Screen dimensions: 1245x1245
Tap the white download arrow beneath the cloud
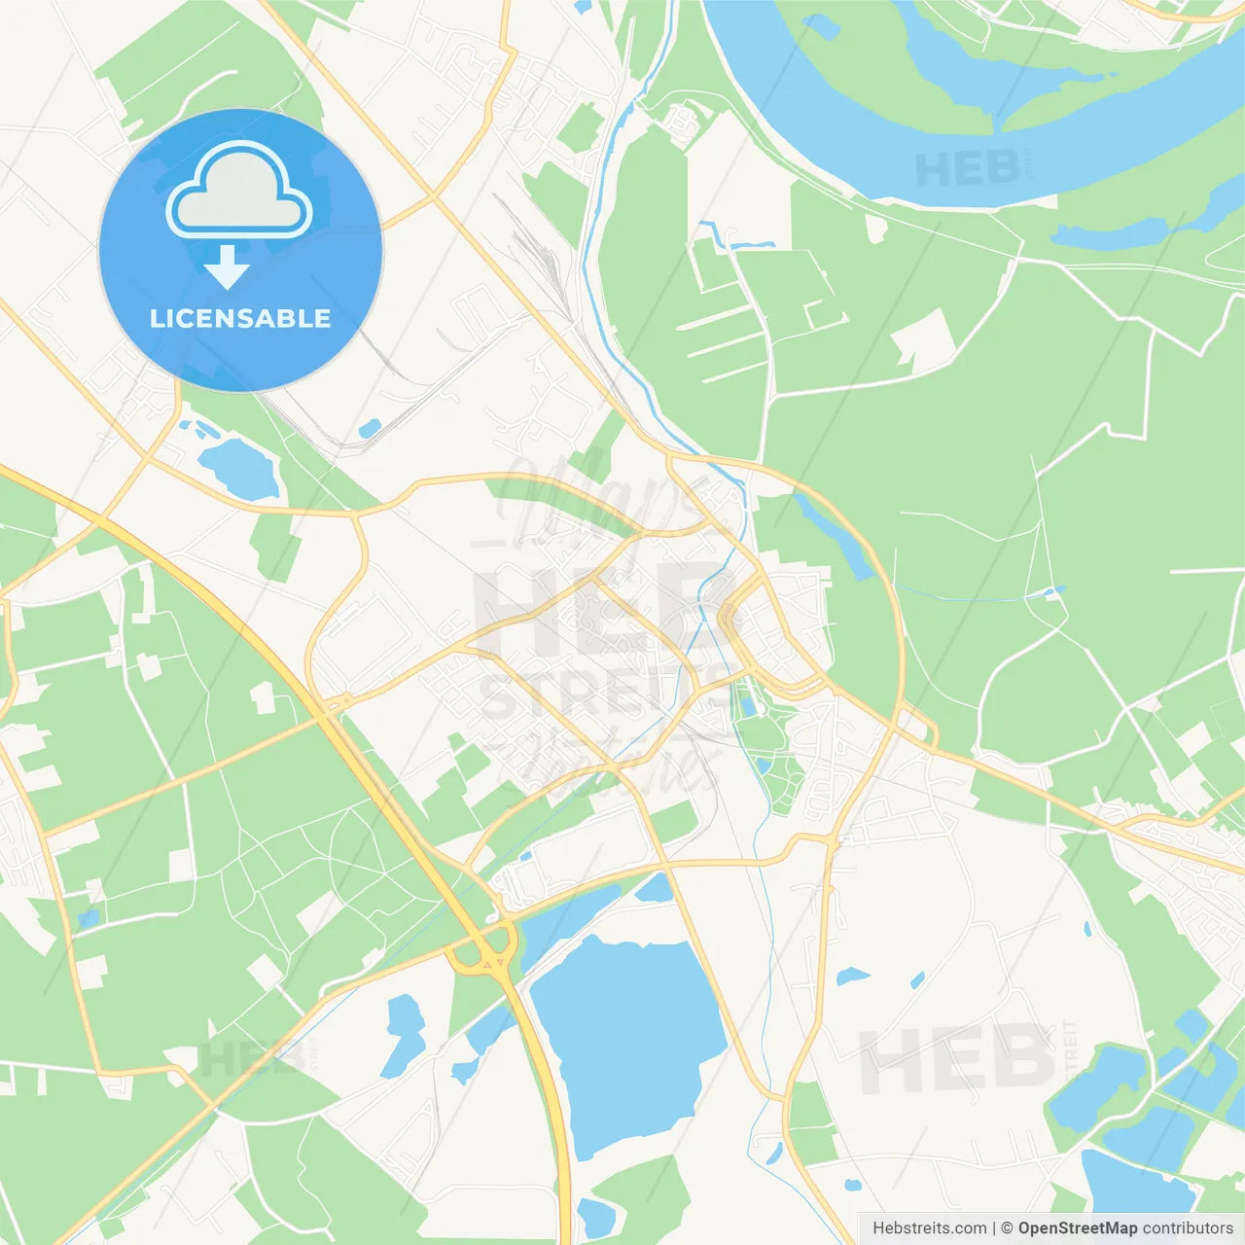pos(227,267)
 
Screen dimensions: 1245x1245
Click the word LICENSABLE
pos(240,318)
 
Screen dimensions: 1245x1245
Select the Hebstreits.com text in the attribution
pos(929,1228)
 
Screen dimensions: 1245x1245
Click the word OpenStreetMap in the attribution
pos(1078,1228)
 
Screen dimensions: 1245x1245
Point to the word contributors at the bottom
pos(1188,1228)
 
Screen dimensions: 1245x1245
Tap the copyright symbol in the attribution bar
pos(1008,1228)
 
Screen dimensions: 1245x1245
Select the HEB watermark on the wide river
pos(968,169)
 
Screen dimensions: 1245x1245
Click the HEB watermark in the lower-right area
pos(958,1058)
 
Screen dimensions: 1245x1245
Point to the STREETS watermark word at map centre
pos(603,694)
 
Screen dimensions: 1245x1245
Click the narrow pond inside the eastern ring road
pos(833,535)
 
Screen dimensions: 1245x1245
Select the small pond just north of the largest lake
pos(655,888)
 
